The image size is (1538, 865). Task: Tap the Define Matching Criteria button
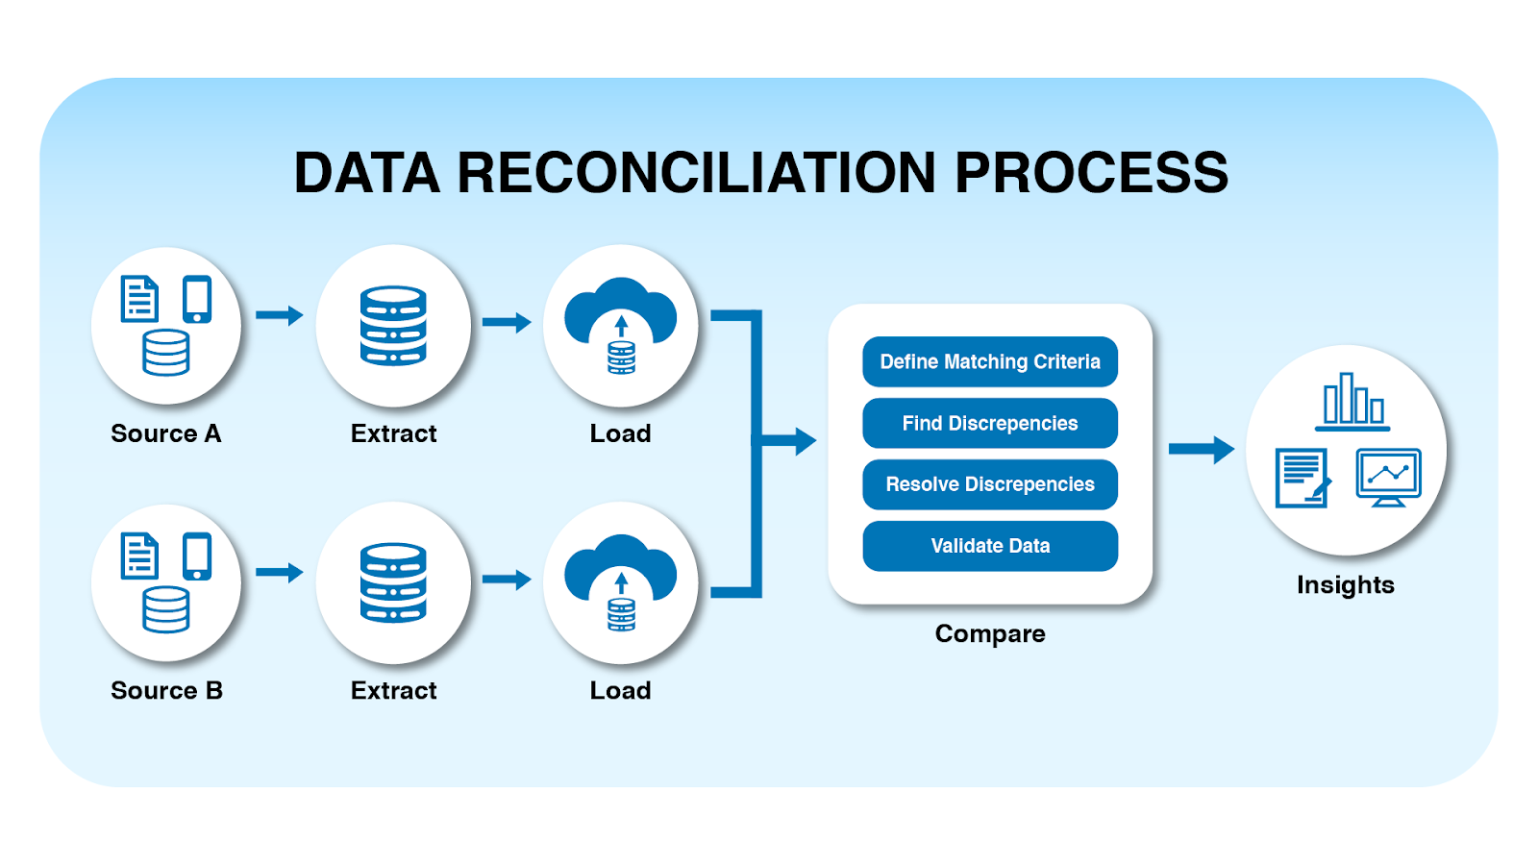[990, 361]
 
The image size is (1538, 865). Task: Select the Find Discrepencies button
[990, 423]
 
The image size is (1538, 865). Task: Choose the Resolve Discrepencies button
[990, 484]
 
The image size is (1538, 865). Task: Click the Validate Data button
[990, 546]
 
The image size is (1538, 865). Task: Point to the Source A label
[165, 433]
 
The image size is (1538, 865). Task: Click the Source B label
[166, 690]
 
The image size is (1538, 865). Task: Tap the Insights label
[1345, 584]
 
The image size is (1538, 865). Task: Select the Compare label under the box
[989, 633]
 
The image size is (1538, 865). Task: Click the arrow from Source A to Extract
[279, 315]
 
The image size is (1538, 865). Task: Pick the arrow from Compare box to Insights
[1201, 449]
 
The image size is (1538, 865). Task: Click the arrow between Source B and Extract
[279, 573]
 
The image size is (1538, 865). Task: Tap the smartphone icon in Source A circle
[197, 300]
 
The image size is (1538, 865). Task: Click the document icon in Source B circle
[139, 556]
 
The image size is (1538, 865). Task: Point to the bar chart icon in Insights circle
[1353, 400]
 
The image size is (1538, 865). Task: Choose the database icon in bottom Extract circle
[393, 582]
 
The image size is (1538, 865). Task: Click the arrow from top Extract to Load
[507, 323]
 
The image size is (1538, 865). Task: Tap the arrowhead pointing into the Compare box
[804, 442]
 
